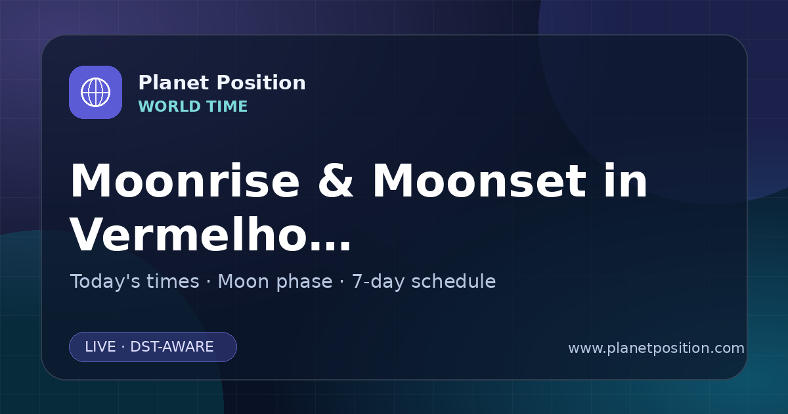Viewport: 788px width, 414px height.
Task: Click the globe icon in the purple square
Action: pyautogui.click(x=95, y=92)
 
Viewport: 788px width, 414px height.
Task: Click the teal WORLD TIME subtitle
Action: pyautogui.click(x=193, y=106)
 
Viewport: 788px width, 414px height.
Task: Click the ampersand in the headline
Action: pyautogui.click(x=336, y=181)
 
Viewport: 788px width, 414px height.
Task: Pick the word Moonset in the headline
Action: pyautogui.click(x=479, y=181)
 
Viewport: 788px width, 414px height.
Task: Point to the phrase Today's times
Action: pyautogui.click(x=135, y=282)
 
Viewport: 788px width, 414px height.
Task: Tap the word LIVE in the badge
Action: pyautogui.click(x=100, y=347)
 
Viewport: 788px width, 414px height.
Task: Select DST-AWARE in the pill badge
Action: pyautogui.click(x=171, y=347)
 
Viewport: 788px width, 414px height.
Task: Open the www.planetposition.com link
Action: pyautogui.click(x=657, y=348)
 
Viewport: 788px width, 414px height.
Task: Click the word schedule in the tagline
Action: pyautogui.click(x=454, y=282)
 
